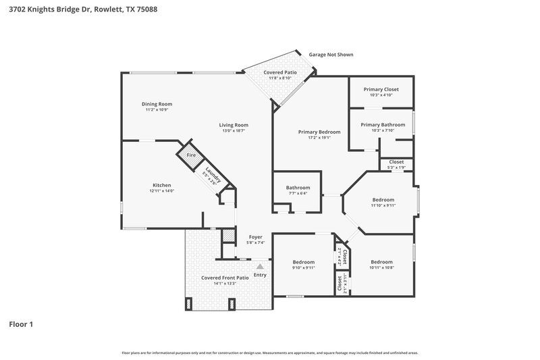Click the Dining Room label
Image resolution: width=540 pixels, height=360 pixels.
[157, 104]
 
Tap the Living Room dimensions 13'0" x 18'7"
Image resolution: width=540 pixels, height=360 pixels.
[234, 130]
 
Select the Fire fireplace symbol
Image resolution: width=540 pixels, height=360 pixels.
[191, 155]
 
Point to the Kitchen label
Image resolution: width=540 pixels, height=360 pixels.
[161, 185]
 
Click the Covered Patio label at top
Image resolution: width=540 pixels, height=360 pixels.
[280, 72]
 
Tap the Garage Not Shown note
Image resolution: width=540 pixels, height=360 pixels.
[331, 55]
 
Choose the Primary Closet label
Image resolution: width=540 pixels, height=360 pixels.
[381, 89]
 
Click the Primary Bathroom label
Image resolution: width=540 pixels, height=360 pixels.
[383, 124]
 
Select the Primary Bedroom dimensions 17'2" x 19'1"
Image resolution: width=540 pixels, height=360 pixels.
[319, 137]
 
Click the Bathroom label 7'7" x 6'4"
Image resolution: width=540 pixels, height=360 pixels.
[298, 187]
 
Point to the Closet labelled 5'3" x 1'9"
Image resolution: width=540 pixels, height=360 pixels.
[396, 162]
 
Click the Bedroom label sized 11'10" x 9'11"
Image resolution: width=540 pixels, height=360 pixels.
[383, 200]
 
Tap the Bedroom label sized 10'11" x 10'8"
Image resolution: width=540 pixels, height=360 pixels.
[381, 262]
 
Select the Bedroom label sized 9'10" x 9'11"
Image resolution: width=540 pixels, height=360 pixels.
[304, 262]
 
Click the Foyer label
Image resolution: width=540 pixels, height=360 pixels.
[255, 237]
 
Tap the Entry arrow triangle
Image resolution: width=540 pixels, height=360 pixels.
[259, 266]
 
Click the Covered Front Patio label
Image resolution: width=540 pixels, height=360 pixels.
[225, 278]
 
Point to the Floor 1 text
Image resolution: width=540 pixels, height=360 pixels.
[21, 324]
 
